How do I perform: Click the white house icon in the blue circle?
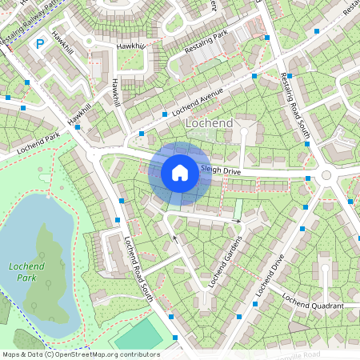tap(180, 172)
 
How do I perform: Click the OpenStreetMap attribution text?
tap(81, 354)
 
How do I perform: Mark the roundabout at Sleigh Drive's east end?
tap(326, 176)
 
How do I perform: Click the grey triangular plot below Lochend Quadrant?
tap(298, 326)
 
